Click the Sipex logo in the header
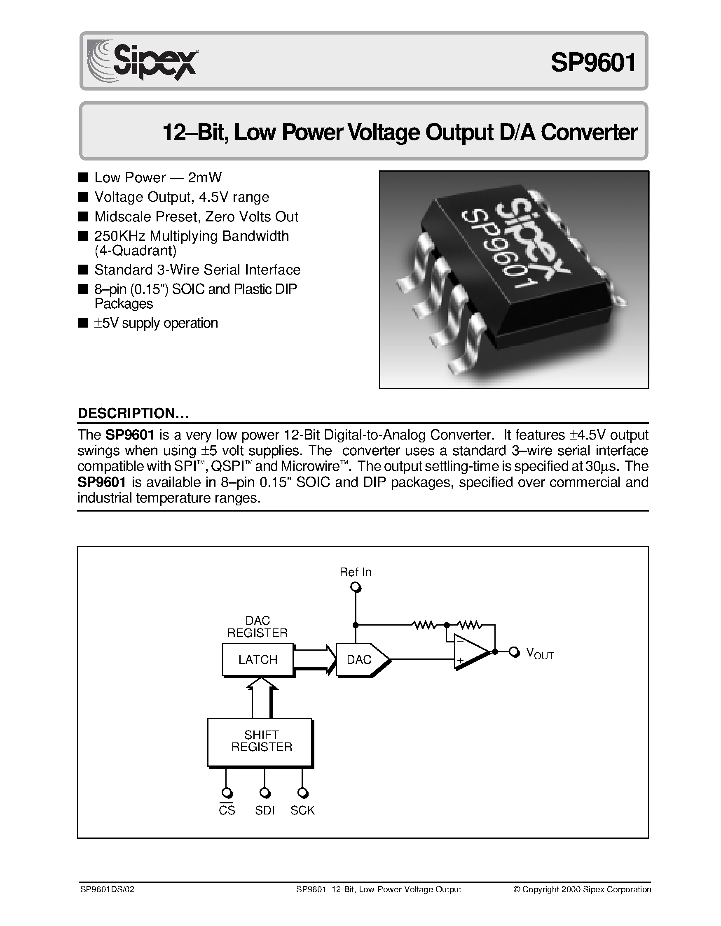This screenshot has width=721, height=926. coord(143,60)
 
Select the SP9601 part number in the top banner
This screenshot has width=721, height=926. coord(593,62)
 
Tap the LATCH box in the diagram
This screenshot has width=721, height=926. coord(257,659)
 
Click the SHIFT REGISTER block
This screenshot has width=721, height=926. coord(260,742)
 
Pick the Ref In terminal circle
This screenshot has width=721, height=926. coord(356,588)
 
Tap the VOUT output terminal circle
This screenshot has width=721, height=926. coord(514,652)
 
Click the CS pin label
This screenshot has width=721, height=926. coord(227,810)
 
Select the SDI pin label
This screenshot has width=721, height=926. coord(265,810)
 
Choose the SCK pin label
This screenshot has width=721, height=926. coord(302,810)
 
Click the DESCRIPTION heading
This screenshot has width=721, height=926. coord(133,413)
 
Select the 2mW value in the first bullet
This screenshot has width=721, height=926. coord(204,177)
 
